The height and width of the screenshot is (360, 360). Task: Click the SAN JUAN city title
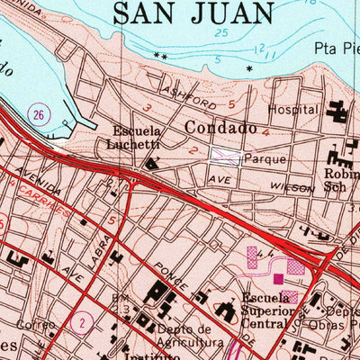pyautogui.click(x=193, y=13)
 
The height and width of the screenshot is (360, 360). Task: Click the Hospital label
pyautogui.click(x=294, y=109)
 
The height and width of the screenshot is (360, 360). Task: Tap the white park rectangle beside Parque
pyautogui.click(x=225, y=157)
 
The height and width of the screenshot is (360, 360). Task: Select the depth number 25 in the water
pyautogui.click(x=221, y=33)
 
